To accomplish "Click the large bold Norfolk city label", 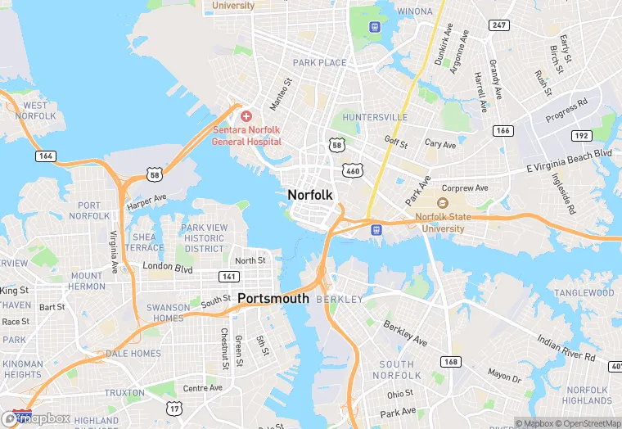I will click(310, 195).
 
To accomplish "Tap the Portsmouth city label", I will click(273, 299).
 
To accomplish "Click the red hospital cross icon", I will click(246, 117).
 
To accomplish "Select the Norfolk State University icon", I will click(443, 203).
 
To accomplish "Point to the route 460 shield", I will click(353, 170).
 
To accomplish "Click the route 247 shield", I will click(498, 25).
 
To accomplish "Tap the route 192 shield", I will click(581, 136).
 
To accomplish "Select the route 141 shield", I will click(228, 277).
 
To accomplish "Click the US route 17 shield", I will click(174, 408).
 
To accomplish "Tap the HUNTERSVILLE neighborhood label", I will click(375, 117).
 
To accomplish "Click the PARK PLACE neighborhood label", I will click(319, 63).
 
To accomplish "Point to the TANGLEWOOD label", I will click(584, 293).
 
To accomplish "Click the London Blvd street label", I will click(167, 269).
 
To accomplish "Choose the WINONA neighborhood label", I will click(415, 11).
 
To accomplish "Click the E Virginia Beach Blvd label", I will click(569, 161).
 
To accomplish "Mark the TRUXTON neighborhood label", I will click(124, 393).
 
